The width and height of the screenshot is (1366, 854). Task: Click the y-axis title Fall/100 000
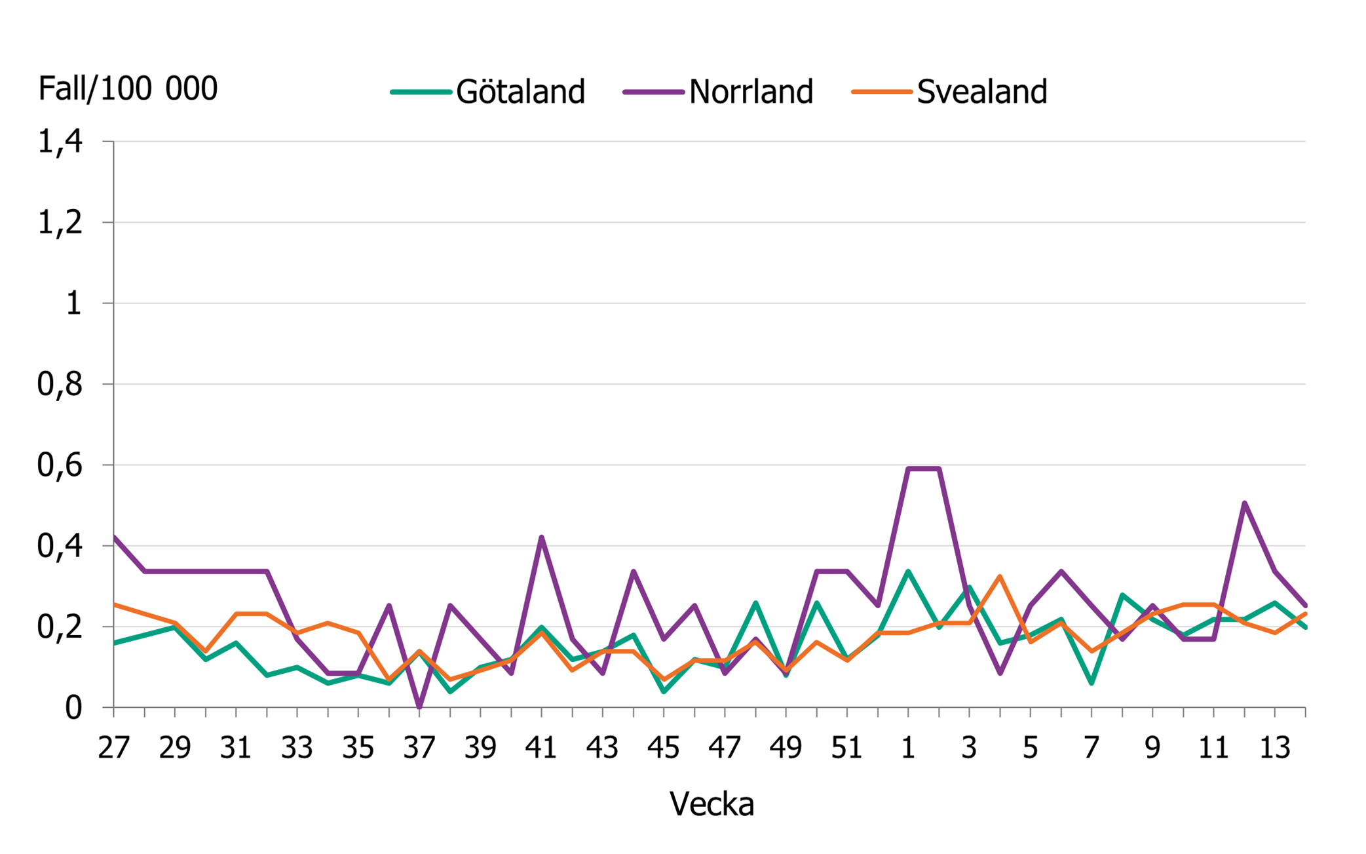(128, 88)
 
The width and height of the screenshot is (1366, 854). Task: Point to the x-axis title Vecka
(711, 804)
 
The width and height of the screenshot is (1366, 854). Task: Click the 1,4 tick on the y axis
(60, 142)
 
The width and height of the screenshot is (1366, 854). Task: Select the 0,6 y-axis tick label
(60, 465)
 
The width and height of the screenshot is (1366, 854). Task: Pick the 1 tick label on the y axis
(73, 303)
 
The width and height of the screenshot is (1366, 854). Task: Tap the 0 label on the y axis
(73, 708)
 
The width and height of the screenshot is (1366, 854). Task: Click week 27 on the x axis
(114, 748)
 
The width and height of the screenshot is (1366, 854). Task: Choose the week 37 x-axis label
(419, 748)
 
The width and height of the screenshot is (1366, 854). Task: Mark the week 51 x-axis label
(847, 748)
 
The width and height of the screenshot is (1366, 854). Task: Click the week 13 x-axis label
(1275, 748)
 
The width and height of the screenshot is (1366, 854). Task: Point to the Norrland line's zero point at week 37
(419, 707)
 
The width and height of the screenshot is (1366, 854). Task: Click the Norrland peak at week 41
(542, 537)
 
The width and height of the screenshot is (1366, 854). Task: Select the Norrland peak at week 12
(1244, 503)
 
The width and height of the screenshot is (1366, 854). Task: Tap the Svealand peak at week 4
(1000, 577)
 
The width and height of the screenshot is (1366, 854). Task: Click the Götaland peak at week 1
(908, 572)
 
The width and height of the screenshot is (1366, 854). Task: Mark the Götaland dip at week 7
(1091, 684)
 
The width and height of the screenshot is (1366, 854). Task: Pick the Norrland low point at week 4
(1000, 673)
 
